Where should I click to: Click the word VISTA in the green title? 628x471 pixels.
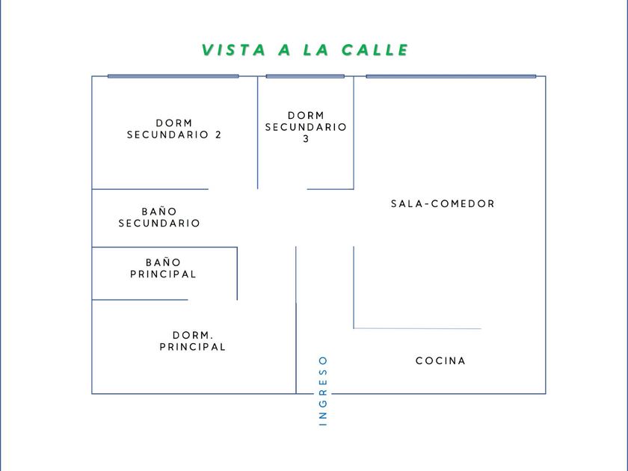tap(233, 50)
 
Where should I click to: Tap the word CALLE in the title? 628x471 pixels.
tap(375, 50)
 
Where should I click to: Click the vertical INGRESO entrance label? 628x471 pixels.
tap(323, 390)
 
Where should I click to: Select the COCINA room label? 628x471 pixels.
tap(440, 361)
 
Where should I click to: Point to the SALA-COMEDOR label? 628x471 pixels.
tap(443, 203)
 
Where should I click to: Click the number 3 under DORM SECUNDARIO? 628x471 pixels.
tap(306, 139)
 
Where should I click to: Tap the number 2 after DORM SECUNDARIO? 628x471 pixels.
tap(218, 135)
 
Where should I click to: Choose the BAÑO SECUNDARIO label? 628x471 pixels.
tap(159, 217)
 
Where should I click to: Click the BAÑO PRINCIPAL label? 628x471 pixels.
tap(163, 268)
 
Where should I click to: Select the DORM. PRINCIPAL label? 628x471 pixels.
tap(193, 341)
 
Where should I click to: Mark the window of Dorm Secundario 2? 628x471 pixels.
tap(173, 76)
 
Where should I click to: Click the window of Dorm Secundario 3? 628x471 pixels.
tap(305, 76)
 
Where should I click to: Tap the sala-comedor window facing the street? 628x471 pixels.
tap(451, 76)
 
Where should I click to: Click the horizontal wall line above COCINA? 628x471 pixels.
tap(417, 328)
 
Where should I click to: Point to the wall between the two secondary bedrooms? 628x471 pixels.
tap(257, 132)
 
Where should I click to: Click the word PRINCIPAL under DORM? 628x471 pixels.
tap(193, 347)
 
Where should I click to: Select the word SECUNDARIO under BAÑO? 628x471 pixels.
tap(159, 223)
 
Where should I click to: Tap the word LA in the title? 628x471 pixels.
tap(316, 50)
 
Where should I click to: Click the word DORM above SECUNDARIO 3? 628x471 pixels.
tap(306, 115)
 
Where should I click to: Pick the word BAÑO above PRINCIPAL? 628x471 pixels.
tap(164, 262)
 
